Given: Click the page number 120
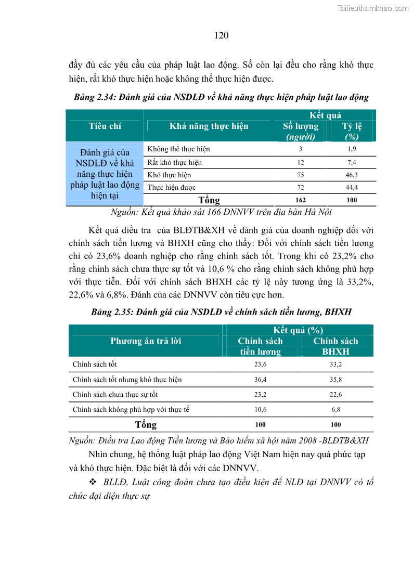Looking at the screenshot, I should (221, 35).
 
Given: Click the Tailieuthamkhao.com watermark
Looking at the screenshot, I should (372, 8).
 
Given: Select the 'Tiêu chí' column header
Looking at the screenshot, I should (105, 126).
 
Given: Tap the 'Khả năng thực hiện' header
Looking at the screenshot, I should (209, 126).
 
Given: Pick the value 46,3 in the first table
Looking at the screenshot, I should (352, 175).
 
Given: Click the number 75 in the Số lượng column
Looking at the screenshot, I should (301, 175).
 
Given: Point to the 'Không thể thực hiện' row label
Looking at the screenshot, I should (178, 149).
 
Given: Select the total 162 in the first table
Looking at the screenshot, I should (301, 200).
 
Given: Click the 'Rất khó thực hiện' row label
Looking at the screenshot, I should (174, 162).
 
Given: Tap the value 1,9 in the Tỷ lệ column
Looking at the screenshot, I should (352, 149).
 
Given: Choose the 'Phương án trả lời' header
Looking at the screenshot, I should (146, 341).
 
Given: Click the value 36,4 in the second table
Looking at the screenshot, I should (261, 380).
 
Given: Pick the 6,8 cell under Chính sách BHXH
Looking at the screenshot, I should (335, 409).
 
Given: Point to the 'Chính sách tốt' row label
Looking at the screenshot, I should (95, 365).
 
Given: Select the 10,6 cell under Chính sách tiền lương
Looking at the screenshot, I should (261, 409).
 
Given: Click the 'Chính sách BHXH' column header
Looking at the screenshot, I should (335, 346).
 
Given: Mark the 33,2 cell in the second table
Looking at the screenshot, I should (335, 365).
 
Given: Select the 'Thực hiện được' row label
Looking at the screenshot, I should (171, 188).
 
